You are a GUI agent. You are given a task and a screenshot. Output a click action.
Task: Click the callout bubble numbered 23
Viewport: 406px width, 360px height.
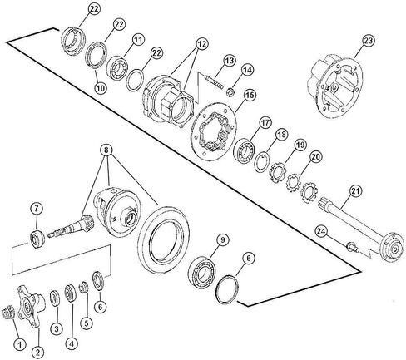369,41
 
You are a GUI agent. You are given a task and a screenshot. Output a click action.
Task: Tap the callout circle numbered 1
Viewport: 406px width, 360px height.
20,344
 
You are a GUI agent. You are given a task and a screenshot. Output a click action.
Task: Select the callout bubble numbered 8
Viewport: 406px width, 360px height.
106,150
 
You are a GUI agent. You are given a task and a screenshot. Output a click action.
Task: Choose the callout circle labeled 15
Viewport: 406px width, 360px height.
250,96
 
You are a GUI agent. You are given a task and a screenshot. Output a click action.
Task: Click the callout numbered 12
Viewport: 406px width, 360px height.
202,43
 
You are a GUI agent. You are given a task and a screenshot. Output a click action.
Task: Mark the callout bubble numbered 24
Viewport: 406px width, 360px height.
322,231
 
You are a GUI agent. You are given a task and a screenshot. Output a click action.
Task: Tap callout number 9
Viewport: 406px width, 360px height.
222,240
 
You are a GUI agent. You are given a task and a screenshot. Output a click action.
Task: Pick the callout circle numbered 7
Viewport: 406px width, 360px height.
37,209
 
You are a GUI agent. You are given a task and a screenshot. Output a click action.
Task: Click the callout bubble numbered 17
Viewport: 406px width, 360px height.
265,122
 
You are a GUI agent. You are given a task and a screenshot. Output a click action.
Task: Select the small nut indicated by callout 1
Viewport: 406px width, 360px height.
7,312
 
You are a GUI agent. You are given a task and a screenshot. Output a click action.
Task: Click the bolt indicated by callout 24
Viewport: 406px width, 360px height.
352,247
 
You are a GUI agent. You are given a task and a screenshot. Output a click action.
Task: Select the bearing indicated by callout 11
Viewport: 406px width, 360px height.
117,68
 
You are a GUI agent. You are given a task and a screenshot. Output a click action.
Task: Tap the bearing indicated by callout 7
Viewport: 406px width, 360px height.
37,239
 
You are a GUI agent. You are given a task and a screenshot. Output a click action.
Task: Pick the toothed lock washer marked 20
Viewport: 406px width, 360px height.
294,182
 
